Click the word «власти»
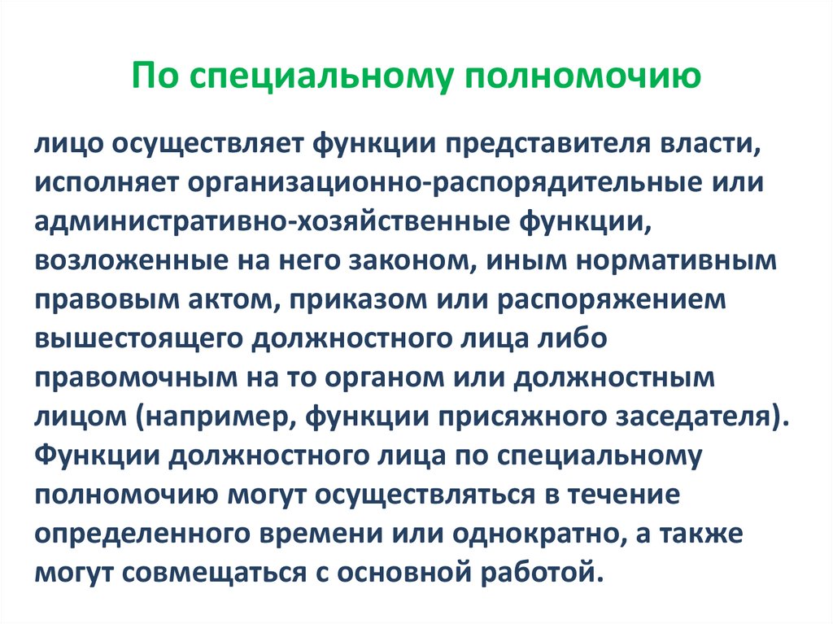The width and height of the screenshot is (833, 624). point(681,144)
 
